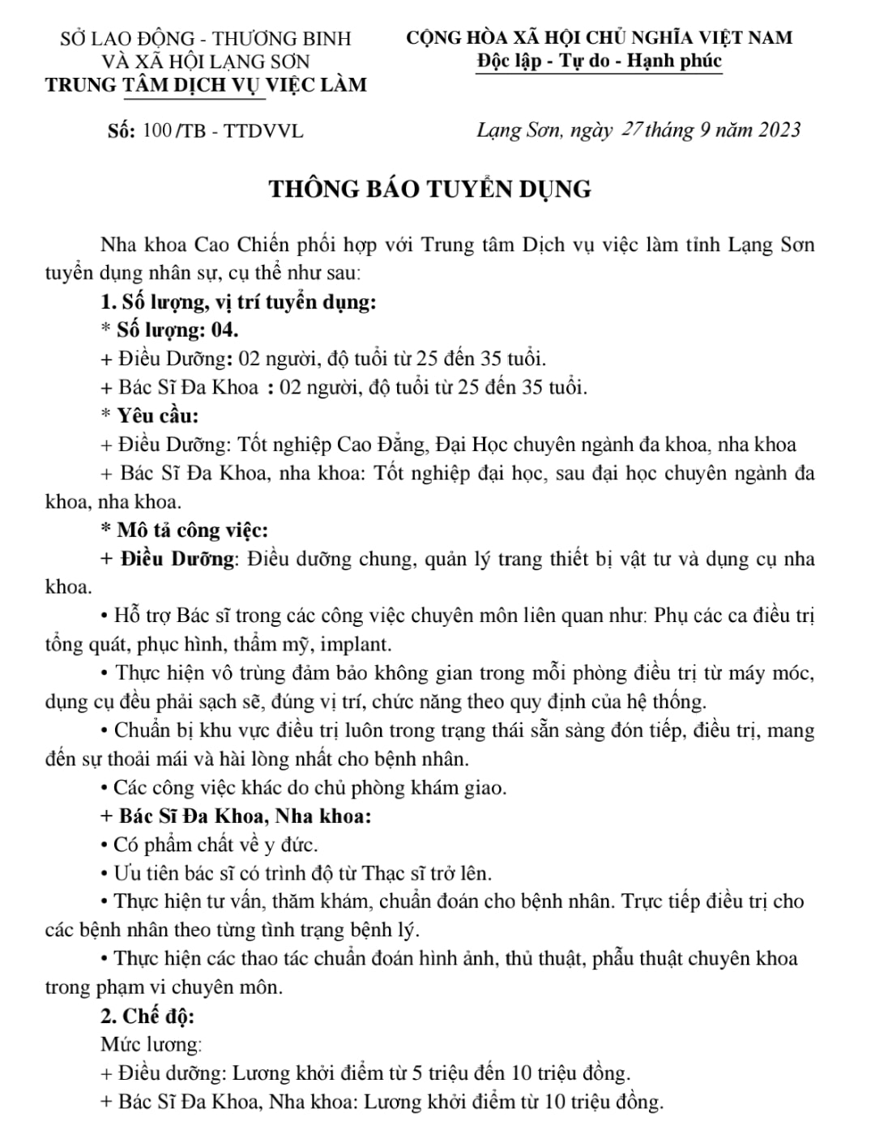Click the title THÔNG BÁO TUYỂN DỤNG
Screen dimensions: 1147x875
click(430, 189)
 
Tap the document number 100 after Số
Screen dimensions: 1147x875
click(156, 130)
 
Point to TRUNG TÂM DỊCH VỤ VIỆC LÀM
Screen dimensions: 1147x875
click(206, 84)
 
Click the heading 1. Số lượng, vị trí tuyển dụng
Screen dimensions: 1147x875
click(238, 302)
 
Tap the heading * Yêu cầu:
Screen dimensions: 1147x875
click(150, 416)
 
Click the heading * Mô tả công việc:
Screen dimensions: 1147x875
click(184, 530)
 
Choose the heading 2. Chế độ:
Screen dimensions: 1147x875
click(147, 1016)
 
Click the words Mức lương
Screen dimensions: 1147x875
click(151, 1044)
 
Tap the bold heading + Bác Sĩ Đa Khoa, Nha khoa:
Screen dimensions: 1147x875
click(236, 816)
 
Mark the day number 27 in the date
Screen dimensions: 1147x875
click(631, 130)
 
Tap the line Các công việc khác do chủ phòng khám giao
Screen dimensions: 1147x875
click(304, 787)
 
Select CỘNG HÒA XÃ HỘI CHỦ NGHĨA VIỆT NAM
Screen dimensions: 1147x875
click(600, 37)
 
